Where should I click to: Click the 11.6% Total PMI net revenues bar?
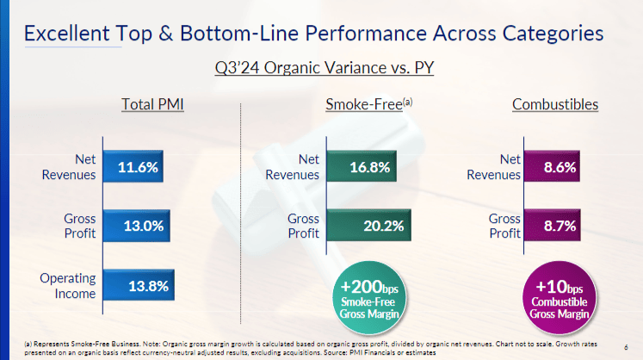point(133,166)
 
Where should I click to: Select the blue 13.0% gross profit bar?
point(137,226)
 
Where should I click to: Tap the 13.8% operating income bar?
point(139,285)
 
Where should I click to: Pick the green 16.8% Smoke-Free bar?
point(362,166)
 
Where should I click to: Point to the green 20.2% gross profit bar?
point(368,226)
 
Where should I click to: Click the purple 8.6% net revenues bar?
point(552,166)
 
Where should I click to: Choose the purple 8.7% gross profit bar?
point(553,226)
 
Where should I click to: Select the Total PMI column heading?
point(152,104)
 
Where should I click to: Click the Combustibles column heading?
point(555,104)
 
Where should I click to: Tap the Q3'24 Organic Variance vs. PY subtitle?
point(325,68)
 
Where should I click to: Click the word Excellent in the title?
point(67,34)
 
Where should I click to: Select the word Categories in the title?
point(553,34)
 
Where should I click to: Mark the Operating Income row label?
point(68,286)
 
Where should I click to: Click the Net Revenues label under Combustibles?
point(494,167)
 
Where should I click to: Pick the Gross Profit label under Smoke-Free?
point(304,226)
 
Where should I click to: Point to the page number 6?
point(626,347)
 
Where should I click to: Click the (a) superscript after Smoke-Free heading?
point(408,101)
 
